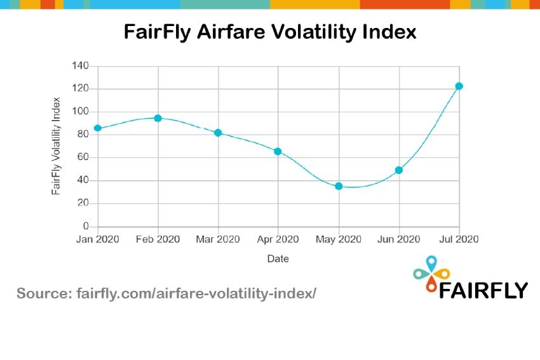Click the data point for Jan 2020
(98, 128)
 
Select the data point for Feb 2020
(158, 118)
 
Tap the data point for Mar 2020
(218, 133)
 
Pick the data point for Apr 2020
(278, 151)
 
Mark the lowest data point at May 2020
(339, 186)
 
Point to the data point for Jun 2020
(399, 170)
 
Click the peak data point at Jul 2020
(459, 86)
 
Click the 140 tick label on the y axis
(81, 66)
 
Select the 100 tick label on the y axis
(81, 112)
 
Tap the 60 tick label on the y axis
(83, 157)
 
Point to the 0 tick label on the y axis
(86, 226)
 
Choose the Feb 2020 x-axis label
(158, 239)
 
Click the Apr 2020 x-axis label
(278, 239)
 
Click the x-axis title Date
(278, 258)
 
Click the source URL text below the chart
(166, 294)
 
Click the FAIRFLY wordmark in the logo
(483, 291)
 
